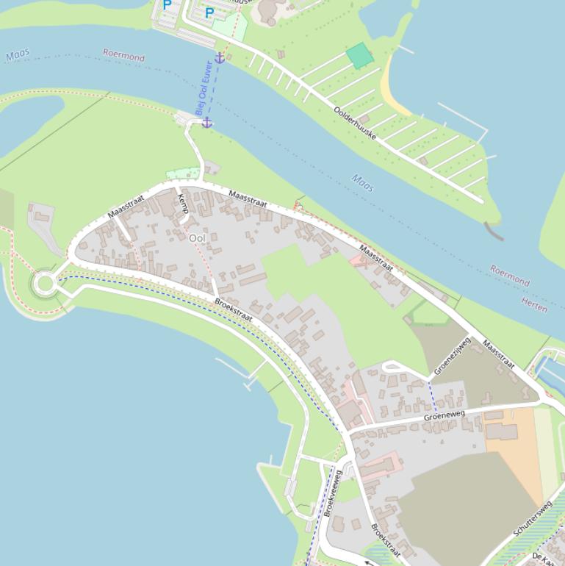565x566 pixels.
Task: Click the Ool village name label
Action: tap(197, 238)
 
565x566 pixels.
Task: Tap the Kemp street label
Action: tap(183, 204)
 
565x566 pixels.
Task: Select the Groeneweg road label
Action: tap(445, 416)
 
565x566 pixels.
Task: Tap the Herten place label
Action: tap(534, 304)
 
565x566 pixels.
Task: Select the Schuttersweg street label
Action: tap(533, 517)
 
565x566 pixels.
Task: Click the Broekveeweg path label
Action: tap(333, 493)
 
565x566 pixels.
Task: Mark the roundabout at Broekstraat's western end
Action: tap(44, 283)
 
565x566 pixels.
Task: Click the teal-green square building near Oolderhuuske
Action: tap(359, 55)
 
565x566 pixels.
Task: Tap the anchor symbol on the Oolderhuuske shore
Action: tap(219, 58)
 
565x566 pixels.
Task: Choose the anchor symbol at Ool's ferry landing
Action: tap(207, 122)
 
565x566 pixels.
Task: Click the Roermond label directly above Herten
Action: tap(510, 276)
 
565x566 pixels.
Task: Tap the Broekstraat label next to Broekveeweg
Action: tap(385, 540)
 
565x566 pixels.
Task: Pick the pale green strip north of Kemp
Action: tap(183, 173)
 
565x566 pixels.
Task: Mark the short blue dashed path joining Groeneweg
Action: tap(432, 395)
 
